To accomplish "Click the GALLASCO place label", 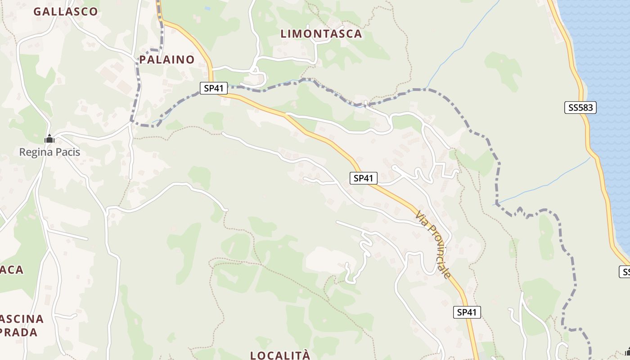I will tap(66, 12).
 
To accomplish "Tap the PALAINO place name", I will tap(167, 59).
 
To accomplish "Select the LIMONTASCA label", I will tap(321, 34).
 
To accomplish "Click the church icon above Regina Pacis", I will tap(49, 139).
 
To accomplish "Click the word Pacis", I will tap(68, 152).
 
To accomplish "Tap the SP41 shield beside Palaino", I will tap(214, 88).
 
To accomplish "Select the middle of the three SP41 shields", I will tap(363, 178).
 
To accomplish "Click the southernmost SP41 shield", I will tap(467, 312).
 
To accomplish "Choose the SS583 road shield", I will tap(580, 108).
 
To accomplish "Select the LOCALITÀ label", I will tap(280, 355).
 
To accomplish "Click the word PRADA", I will tap(19, 333).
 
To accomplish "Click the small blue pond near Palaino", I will tap(207, 8).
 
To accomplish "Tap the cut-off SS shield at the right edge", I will tap(625, 272).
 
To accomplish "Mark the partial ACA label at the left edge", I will tap(12, 270).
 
